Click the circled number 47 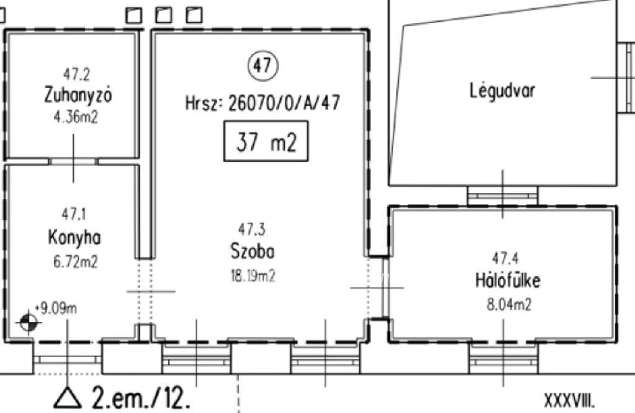(263, 65)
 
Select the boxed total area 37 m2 (265, 141)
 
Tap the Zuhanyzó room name (78, 95)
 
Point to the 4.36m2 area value (76, 117)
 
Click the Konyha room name (74, 238)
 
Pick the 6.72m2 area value (76, 262)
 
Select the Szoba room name (252, 251)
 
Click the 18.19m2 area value (253, 276)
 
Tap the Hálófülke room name (507, 280)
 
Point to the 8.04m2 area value (508, 304)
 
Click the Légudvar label (502, 91)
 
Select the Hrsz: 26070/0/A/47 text (262, 103)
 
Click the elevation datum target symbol (28, 322)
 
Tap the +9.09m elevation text (56, 309)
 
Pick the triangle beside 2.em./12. (68, 397)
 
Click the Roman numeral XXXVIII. (570, 401)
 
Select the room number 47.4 (505, 258)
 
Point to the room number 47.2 (76, 74)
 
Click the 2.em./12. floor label (141, 397)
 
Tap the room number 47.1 (74, 214)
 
